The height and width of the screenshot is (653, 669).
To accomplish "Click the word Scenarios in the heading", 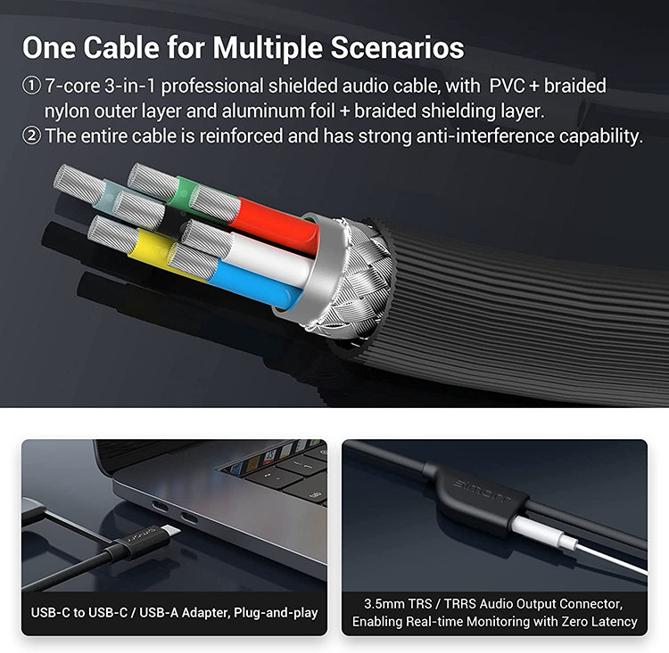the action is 397,47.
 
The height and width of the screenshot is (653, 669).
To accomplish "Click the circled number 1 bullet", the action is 31,86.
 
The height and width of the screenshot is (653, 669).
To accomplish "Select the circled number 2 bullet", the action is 31,136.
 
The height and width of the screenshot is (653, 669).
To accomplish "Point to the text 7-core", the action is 72,86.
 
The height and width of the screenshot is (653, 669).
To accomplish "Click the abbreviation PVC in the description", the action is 507,86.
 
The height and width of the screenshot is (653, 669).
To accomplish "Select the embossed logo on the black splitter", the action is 481,491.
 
